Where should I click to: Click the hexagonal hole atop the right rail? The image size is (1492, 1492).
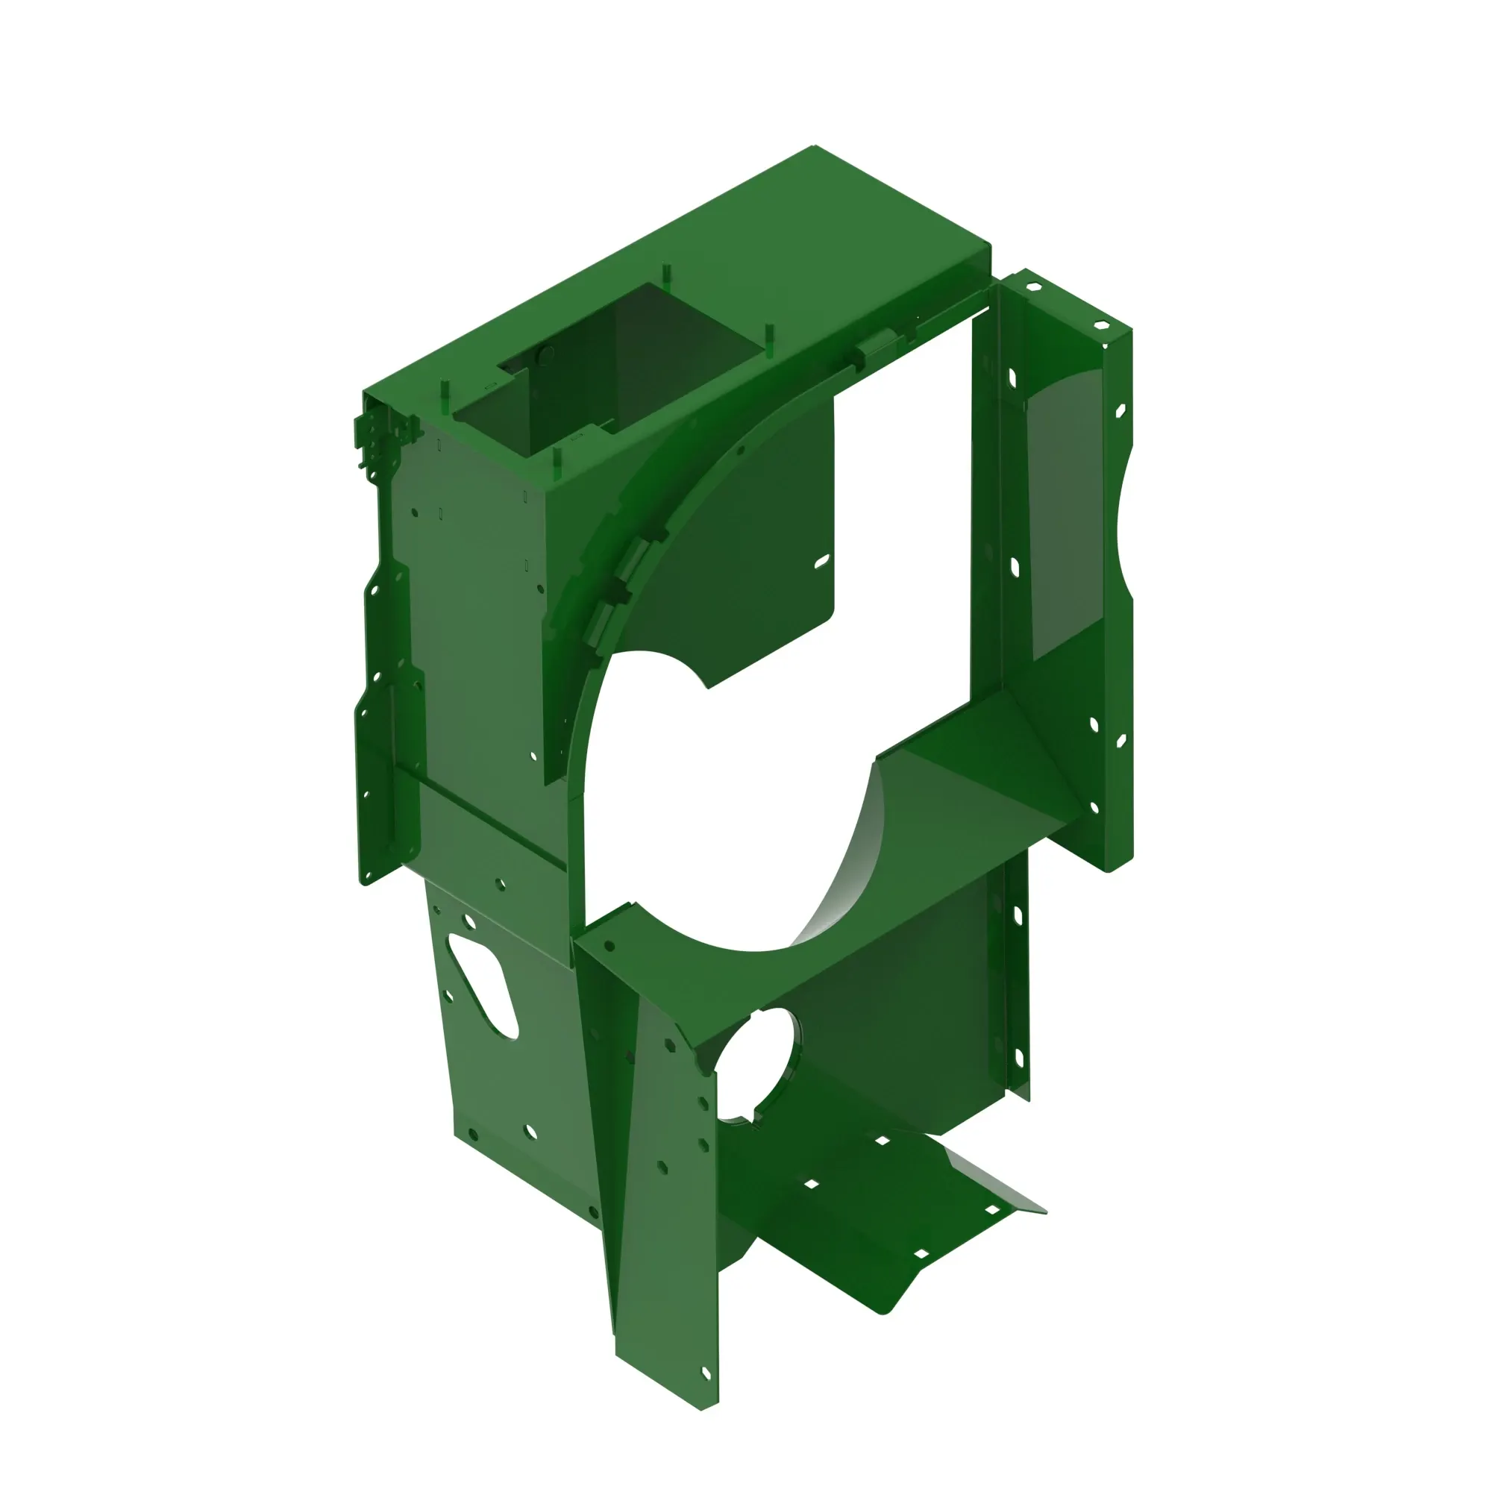click(1034, 287)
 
